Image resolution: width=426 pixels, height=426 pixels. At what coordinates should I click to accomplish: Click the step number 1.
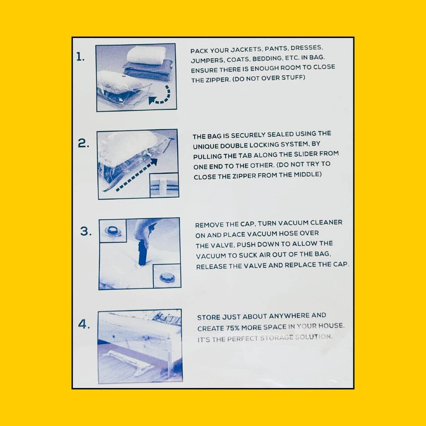coord(80,57)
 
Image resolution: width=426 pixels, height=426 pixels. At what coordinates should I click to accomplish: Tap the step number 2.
coord(83,144)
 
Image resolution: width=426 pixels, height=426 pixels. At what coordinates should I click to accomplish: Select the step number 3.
coord(86,232)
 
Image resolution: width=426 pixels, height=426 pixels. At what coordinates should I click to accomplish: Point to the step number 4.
coord(84,324)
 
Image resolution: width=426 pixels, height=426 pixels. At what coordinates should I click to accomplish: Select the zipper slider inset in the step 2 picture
coord(164,185)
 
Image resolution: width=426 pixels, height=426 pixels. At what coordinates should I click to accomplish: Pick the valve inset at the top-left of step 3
coord(113,231)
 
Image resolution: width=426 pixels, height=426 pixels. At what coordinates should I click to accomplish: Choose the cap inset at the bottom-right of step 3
coord(167,276)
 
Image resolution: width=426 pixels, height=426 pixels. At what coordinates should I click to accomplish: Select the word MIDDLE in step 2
coord(307,174)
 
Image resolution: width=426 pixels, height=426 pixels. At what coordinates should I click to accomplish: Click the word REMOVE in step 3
coord(210,225)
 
